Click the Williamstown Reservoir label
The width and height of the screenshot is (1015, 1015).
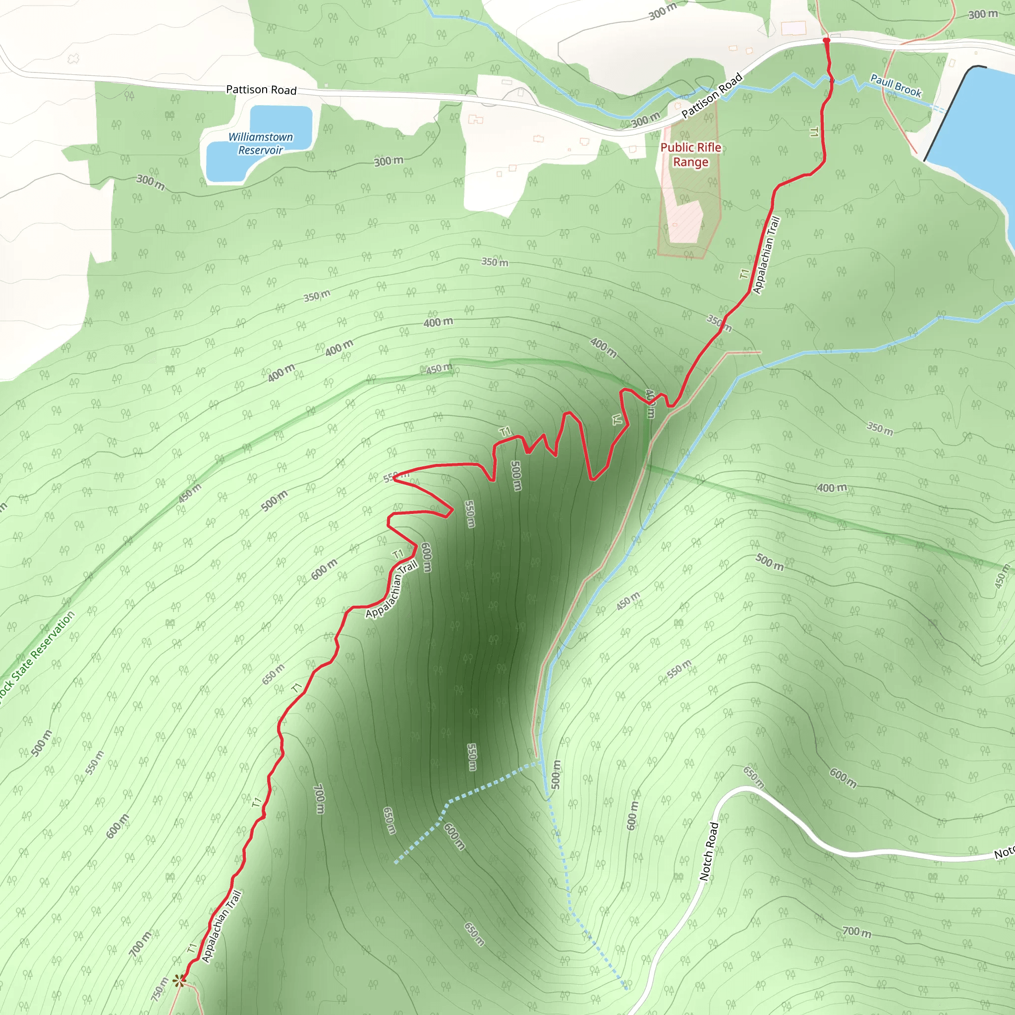[261, 143]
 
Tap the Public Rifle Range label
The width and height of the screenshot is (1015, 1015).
[690, 155]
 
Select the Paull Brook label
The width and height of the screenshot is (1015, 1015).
[896, 86]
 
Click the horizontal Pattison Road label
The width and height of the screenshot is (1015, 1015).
[261, 90]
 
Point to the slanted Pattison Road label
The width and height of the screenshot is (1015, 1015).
[712, 95]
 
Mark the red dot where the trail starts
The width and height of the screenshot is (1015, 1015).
[826, 41]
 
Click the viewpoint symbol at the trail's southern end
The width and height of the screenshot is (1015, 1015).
[180, 980]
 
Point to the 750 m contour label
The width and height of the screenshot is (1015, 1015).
[159, 989]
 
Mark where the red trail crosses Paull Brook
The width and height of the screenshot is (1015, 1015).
[831, 80]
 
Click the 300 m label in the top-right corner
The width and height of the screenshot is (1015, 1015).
[983, 14]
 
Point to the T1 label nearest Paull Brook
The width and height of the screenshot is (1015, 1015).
[814, 132]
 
